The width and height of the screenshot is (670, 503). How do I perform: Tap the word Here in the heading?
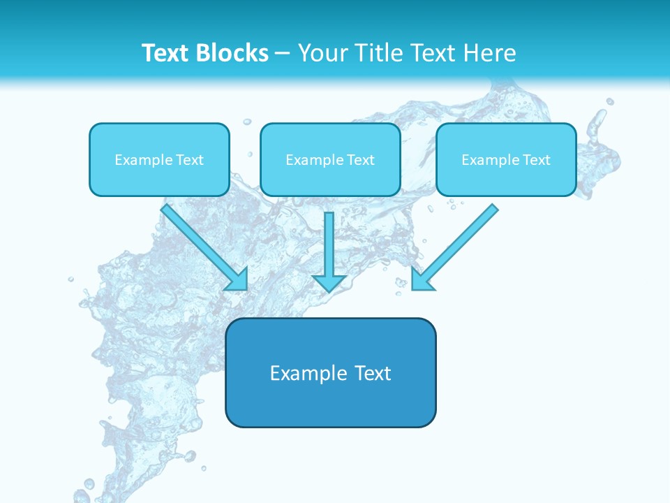(x=489, y=53)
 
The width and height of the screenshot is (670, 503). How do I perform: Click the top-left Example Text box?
(x=159, y=159)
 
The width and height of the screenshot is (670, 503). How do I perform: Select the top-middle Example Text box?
(x=330, y=159)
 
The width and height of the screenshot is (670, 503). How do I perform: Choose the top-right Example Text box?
(x=506, y=159)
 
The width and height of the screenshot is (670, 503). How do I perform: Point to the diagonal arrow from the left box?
(x=199, y=242)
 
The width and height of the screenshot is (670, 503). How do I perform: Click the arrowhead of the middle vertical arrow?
(x=329, y=283)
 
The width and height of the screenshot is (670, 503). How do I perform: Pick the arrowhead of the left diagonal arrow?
(x=239, y=280)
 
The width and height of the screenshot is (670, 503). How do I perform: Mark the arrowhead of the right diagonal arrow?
(x=421, y=280)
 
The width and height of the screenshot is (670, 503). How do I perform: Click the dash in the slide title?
(x=283, y=54)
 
